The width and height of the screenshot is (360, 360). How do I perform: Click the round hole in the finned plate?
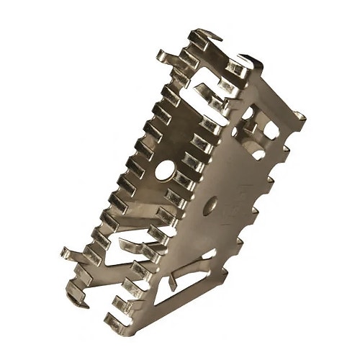coord(166,174)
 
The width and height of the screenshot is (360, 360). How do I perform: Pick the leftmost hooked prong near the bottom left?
coord(71,254)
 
